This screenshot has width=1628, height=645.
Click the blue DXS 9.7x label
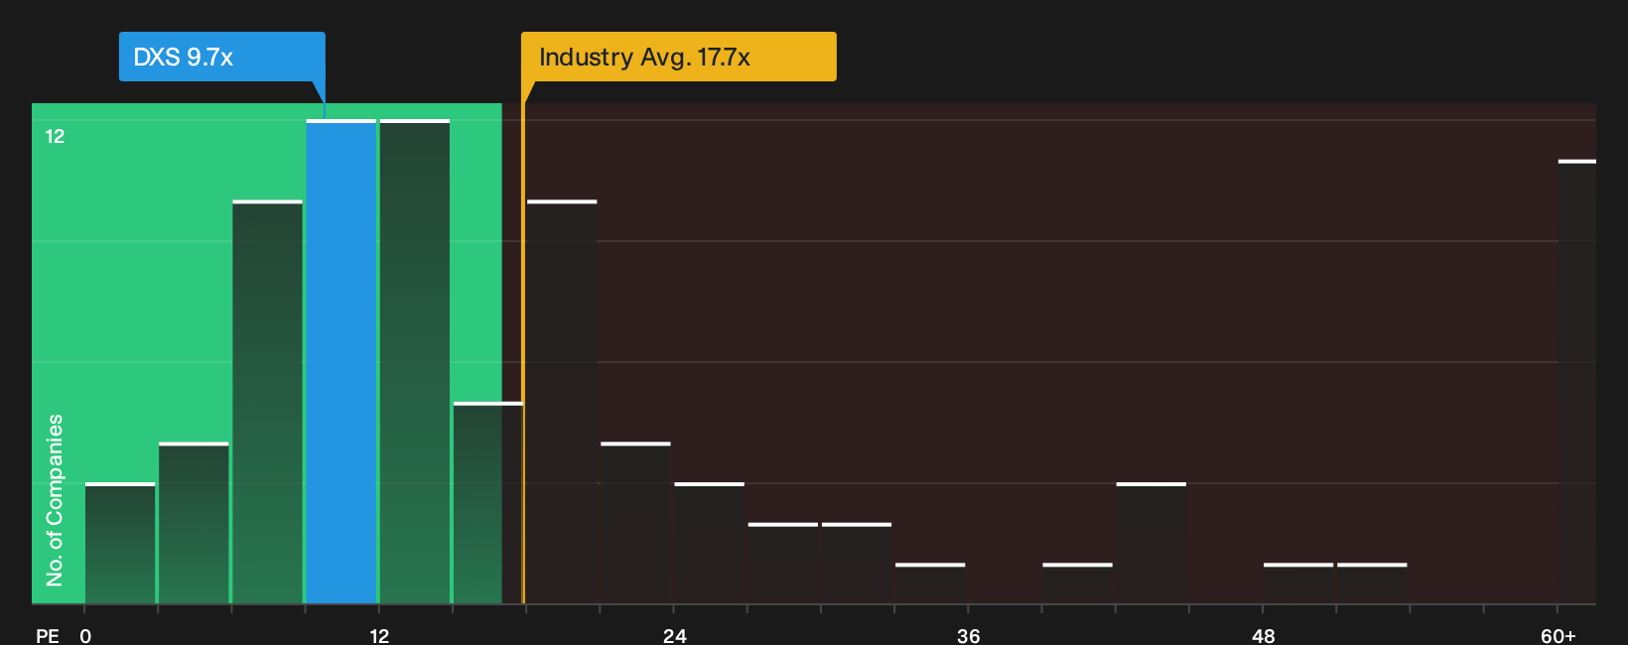pyautogui.click(x=221, y=57)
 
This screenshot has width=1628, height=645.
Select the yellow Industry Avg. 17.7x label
pyautogui.click(x=679, y=57)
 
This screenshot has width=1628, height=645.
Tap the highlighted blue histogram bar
pyautogui.click(x=340, y=362)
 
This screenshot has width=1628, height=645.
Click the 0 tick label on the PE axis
pyautogui.click(x=85, y=636)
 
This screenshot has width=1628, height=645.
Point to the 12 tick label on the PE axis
pyautogui.click(x=379, y=636)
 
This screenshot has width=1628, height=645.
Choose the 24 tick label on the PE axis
pyautogui.click(x=674, y=636)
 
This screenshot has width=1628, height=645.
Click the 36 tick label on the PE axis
pyautogui.click(x=968, y=636)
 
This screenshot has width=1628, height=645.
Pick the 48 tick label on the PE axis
pyautogui.click(x=1263, y=636)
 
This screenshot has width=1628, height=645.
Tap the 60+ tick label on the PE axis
pyautogui.click(x=1559, y=636)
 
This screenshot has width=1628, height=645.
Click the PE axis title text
pyautogui.click(x=48, y=636)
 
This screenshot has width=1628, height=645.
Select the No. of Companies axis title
pyautogui.click(x=55, y=500)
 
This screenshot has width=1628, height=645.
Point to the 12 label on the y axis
pyautogui.click(x=56, y=136)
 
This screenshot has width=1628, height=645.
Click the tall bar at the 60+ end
pyautogui.click(x=1577, y=382)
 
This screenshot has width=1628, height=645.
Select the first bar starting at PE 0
pyautogui.click(x=120, y=544)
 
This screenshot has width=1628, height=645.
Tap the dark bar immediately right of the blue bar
pyautogui.click(x=414, y=362)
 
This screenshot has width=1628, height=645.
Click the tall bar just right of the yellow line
pyautogui.click(x=562, y=402)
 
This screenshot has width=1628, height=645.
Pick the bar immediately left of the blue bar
pyautogui.click(x=267, y=402)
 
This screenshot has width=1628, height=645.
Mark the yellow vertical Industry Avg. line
pyautogui.click(x=522, y=353)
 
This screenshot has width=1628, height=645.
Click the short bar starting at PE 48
pyautogui.click(x=1298, y=583)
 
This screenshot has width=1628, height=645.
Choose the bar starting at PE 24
pyautogui.click(x=710, y=544)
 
